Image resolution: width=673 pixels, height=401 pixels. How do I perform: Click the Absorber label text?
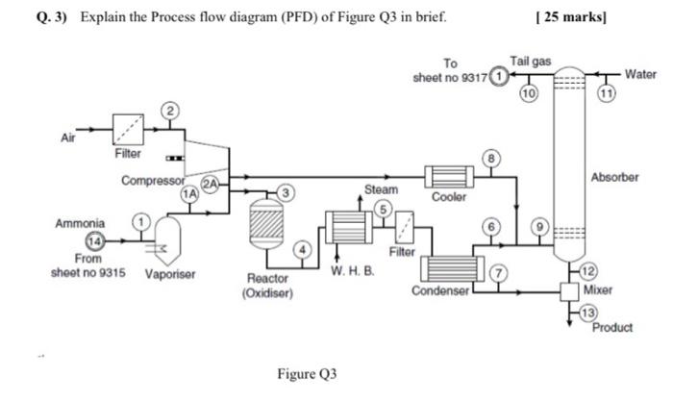point(614,178)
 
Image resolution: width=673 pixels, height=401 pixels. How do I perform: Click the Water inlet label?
point(640,74)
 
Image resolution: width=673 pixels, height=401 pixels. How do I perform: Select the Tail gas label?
point(530,61)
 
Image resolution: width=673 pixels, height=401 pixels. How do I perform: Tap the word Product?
point(612,327)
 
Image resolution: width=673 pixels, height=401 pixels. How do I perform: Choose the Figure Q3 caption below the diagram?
point(310,372)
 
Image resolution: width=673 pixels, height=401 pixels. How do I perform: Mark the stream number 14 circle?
point(97,240)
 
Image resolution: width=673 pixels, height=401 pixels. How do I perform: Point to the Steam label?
point(380,190)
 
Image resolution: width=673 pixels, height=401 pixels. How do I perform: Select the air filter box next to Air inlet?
point(128,128)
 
